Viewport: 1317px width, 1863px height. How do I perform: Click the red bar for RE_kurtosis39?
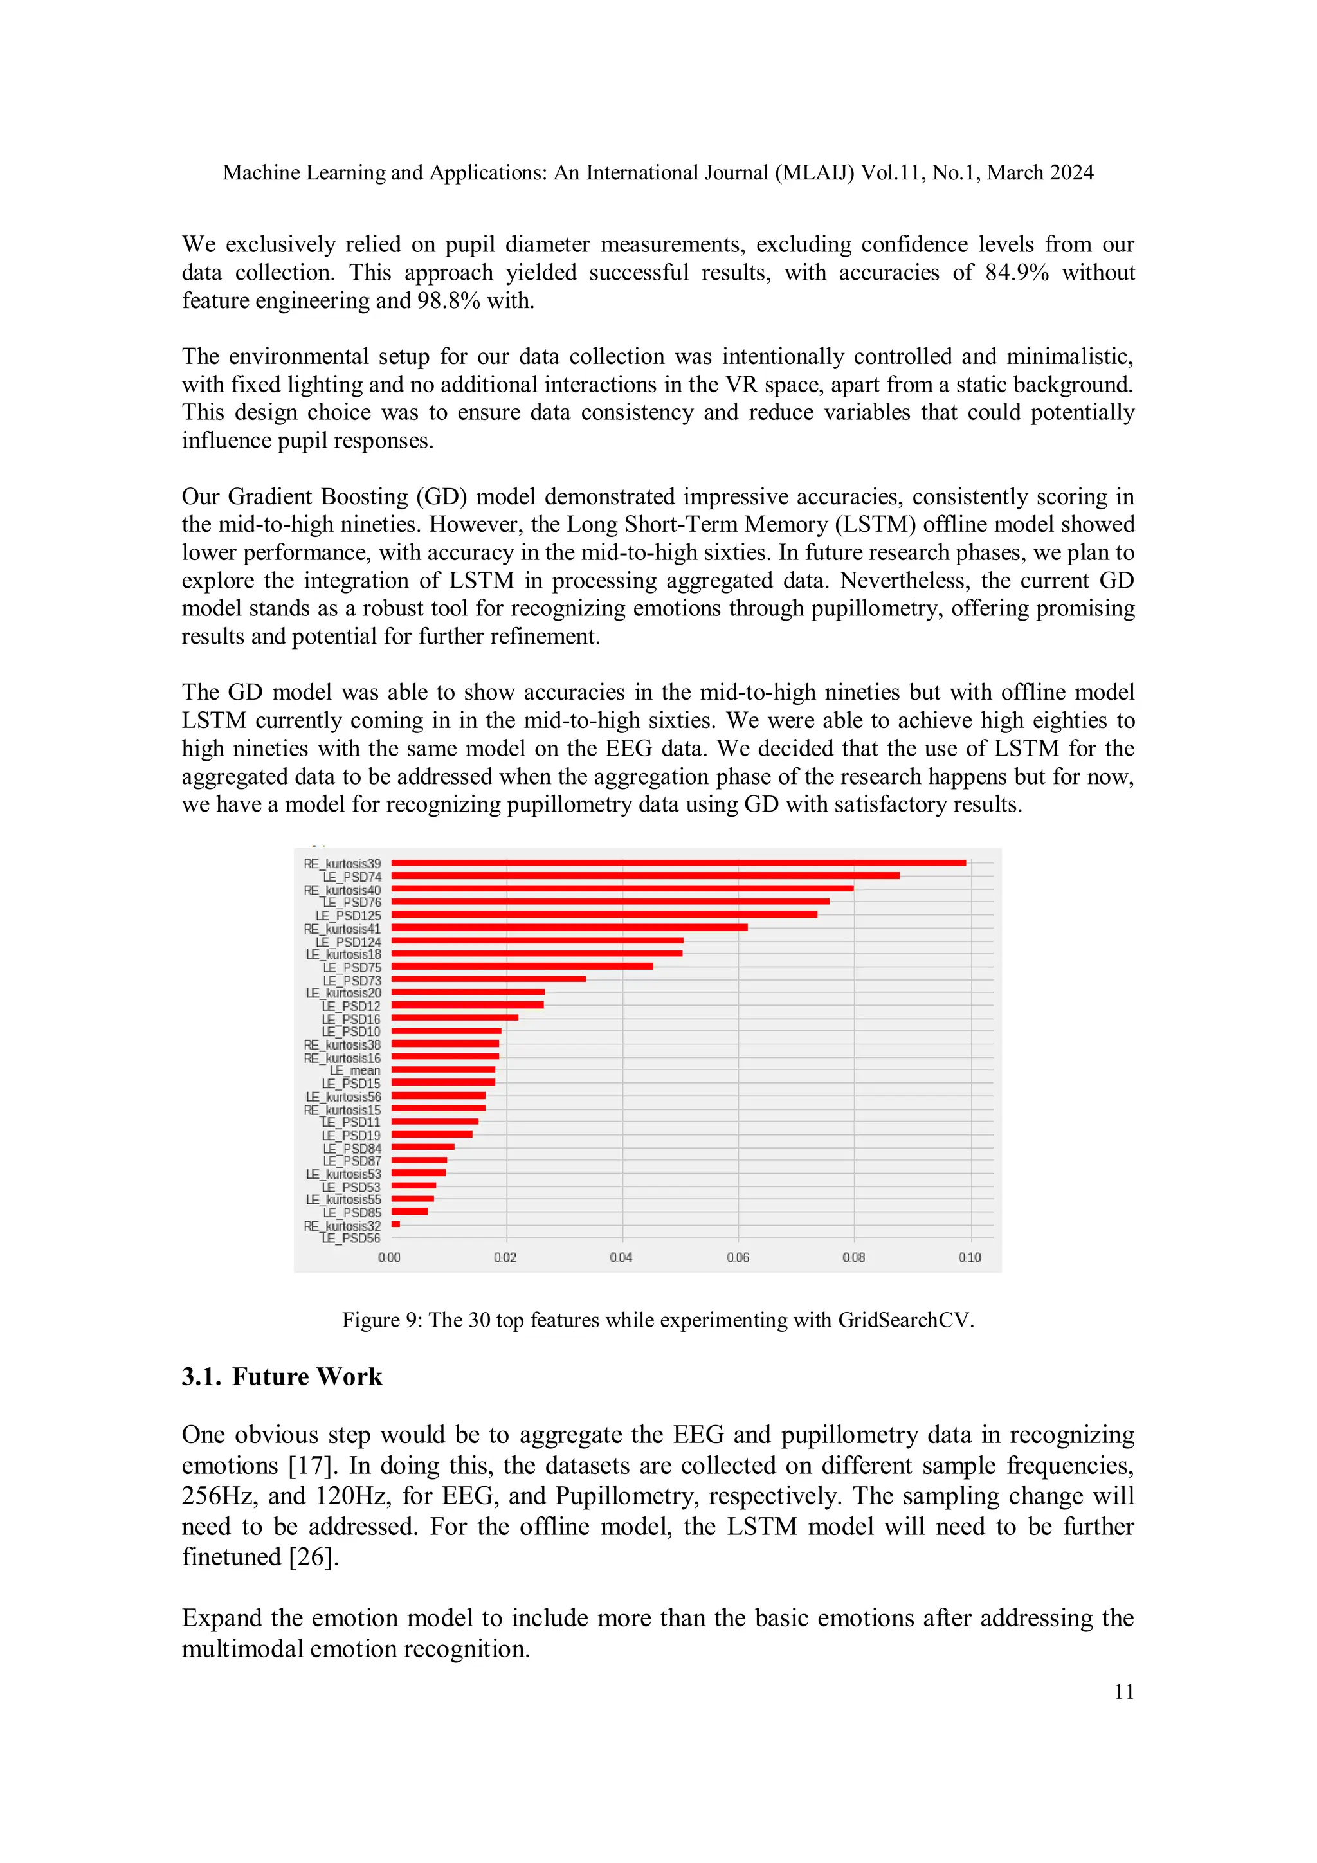click(678, 862)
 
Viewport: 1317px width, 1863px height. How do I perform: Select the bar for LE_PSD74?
click(645, 875)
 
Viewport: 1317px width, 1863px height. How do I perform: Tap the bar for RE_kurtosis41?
click(569, 927)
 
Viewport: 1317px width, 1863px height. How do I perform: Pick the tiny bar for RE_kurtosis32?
click(395, 1224)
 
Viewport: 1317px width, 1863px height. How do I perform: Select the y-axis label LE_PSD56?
click(350, 1238)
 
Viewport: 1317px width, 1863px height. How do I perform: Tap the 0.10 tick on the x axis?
click(969, 1258)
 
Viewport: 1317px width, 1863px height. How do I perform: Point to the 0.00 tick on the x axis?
click(390, 1258)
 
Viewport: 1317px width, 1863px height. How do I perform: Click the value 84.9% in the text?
click(1016, 273)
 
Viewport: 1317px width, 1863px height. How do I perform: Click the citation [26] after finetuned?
click(313, 1557)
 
